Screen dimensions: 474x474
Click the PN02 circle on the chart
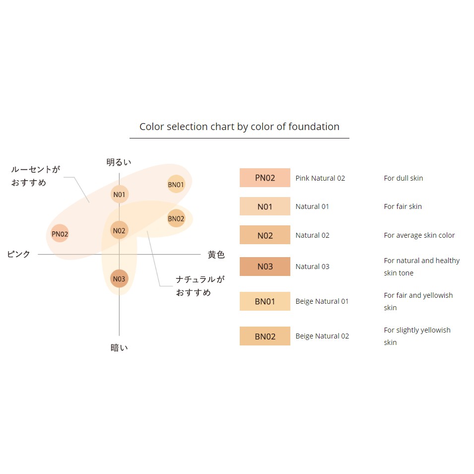60,233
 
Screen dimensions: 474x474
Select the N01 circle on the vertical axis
120,194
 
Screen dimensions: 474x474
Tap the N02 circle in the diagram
119,230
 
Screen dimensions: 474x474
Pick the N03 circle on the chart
119,278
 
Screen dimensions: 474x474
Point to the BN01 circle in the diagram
176,184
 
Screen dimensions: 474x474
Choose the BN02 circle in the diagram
176,218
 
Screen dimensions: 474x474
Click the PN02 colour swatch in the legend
265,178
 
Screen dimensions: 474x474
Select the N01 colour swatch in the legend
265,206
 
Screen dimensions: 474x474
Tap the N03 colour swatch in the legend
265,267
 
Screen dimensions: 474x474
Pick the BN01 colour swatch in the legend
265,301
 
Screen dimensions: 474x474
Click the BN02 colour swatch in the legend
265,336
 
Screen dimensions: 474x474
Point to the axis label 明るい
119,162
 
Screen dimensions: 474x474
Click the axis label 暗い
119,347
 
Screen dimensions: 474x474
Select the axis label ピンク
19,254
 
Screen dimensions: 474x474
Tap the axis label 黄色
216,255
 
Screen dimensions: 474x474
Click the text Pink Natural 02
320,178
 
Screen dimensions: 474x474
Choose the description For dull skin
403,178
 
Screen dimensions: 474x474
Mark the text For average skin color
419,235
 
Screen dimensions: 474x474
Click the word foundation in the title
314,127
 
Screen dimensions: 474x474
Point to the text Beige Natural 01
322,301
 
